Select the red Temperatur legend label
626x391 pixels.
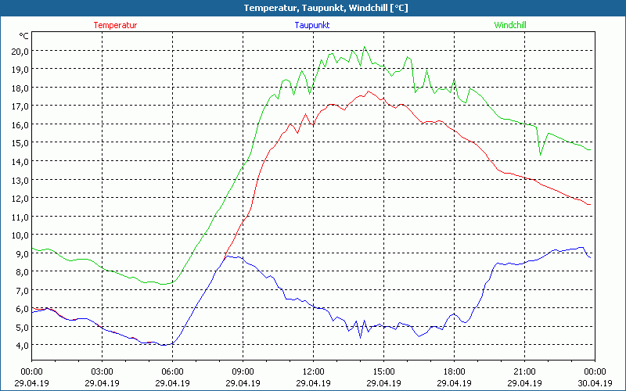tap(115, 25)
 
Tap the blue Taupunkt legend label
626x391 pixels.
tap(312, 25)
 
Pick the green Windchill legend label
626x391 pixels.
tap(509, 25)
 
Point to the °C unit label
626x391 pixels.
tap(24, 36)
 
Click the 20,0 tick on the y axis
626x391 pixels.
tap(20, 51)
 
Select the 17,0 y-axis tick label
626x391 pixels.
tap(20, 106)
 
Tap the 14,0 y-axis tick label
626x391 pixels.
tap(20, 161)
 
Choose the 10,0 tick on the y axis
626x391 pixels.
tap(20, 235)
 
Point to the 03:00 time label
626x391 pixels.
tap(102, 371)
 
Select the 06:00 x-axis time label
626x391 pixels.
tap(172, 371)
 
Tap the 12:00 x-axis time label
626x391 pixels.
tap(313, 371)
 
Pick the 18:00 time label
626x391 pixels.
tap(454, 371)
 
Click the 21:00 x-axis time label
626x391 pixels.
tap(524, 371)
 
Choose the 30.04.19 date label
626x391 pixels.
tap(595, 383)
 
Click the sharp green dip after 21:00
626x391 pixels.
tap(540, 154)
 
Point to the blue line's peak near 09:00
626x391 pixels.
tap(228, 256)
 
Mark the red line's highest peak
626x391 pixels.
tap(368, 91)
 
